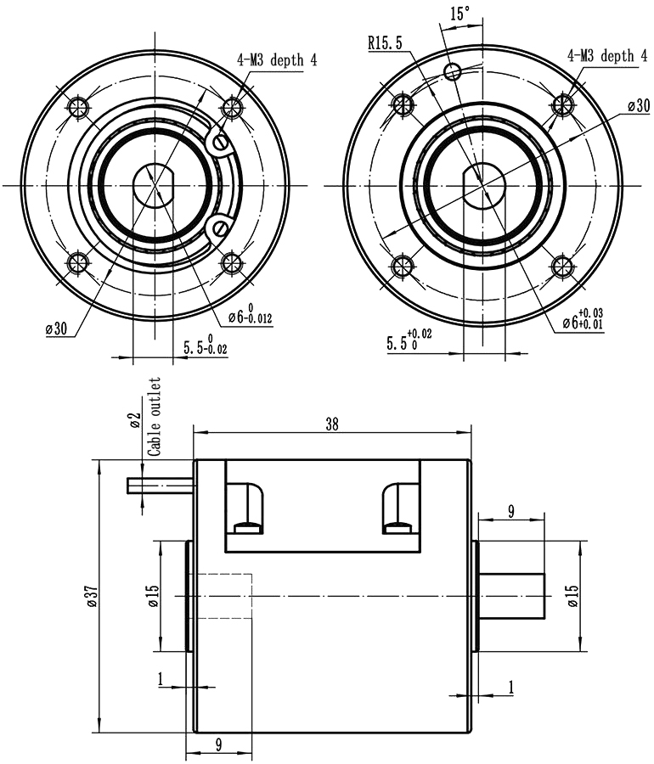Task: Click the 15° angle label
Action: [459, 14]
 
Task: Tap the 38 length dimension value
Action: [331, 425]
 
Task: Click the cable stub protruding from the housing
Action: [160, 486]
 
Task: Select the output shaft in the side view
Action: [512, 595]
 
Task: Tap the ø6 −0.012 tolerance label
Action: [250, 317]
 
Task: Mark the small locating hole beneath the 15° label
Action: [454, 70]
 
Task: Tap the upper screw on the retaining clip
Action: [223, 142]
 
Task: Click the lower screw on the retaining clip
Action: [221, 227]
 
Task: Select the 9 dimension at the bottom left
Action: [219, 744]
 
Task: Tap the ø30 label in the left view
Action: [55, 329]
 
